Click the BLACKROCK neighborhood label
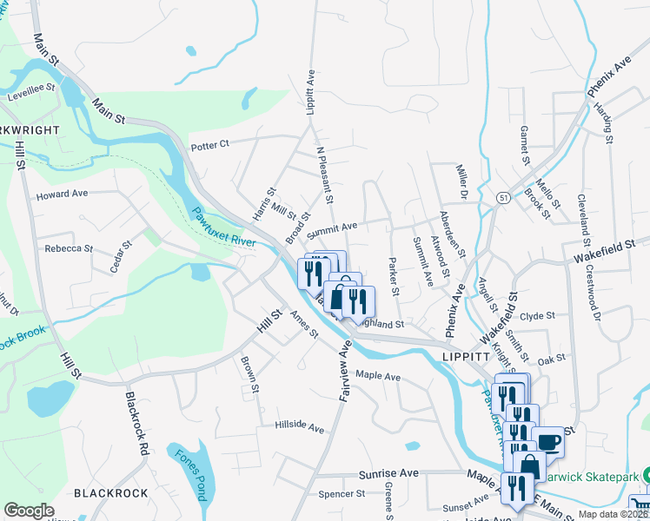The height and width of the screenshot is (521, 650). click(111, 493)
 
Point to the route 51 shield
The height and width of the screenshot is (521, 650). click(504, 199)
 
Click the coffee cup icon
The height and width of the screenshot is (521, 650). click(548, 442)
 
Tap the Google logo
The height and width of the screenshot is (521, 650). click(30, 511)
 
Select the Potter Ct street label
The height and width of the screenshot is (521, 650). click(209, 144)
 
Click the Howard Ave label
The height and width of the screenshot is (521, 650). click(62, 195)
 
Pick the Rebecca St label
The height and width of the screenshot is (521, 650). click(69, 248)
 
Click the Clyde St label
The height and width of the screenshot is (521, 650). click(537, 316)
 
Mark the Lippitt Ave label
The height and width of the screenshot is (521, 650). click(309, 94)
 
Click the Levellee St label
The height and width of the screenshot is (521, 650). click(32, 88)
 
